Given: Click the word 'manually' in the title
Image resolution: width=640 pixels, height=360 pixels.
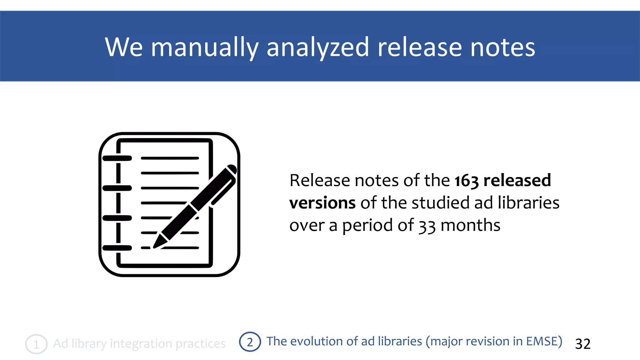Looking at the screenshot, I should tap(205, 47).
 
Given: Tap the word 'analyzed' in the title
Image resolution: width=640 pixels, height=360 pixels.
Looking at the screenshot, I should tap(318, 47).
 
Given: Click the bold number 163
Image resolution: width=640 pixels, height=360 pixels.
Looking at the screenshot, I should tap(466, 181).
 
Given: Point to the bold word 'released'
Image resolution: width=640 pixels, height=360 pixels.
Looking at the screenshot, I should tap(517, 180).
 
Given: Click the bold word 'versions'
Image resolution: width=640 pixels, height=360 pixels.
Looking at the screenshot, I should tap(322, 203).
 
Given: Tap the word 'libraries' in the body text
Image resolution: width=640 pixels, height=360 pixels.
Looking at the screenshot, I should tap(528, 202).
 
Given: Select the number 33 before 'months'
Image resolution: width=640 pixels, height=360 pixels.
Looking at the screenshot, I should tap(427, 226).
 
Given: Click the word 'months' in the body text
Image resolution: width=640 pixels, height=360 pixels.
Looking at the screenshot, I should tap(470, 225).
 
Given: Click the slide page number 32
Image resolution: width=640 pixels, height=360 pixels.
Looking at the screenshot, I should tap(583, 344).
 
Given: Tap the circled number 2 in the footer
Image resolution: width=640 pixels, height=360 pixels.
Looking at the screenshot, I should tap(250, 342).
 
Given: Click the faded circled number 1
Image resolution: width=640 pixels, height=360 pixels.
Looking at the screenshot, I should tap(36, 344).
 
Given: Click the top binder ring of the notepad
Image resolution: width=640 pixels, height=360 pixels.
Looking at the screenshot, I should tap(117, 158).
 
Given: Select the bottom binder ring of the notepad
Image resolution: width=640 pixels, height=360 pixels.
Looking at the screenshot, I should tap(117, 248).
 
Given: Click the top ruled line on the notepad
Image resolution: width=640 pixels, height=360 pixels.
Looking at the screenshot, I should tap(170, 158).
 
